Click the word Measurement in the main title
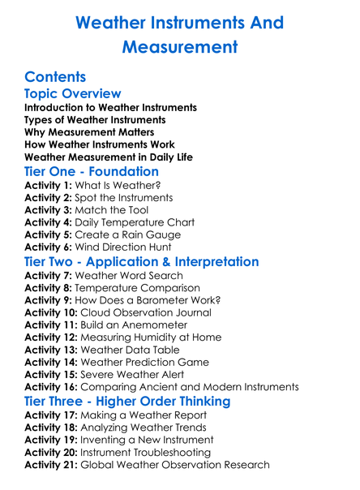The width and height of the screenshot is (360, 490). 179,47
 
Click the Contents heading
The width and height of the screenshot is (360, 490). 55,78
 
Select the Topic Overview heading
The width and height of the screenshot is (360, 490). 73,94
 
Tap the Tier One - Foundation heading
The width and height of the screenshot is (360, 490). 92,172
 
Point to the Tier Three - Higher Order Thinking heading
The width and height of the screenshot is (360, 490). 127,402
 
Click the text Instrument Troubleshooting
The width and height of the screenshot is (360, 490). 144,452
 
